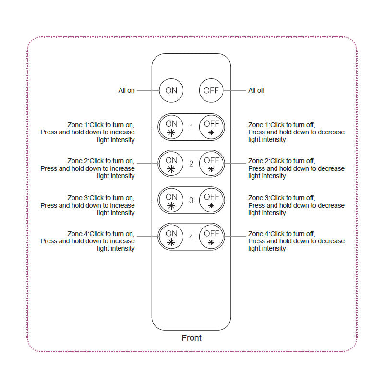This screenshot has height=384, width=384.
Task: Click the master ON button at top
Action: pos(171,90)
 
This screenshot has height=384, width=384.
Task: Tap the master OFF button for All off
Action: pos(211,90)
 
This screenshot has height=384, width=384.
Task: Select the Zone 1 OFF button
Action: pos(211,127)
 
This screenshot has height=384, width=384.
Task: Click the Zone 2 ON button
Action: pos(171,164)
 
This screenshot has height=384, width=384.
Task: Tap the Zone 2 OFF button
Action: pos(211,164)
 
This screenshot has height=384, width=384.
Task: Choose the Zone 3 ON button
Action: pos(171,200)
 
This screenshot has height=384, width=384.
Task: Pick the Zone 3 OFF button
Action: pos(211,200)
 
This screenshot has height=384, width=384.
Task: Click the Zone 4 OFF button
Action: pos(211,237)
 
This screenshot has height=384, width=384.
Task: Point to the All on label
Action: pos(127,90)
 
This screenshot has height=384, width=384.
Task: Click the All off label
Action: pos(256,90)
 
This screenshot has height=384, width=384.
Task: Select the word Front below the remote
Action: pos(192,338)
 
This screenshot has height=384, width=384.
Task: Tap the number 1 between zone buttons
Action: pos(192,127)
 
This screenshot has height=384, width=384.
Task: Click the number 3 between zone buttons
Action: pos(191,200)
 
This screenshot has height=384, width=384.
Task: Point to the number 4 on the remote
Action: pos(191,237)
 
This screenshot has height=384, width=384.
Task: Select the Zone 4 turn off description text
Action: pos(296,241)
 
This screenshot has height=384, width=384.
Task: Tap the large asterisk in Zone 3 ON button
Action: pos(171,205)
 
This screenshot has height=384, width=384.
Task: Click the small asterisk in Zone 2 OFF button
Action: pos(211,169)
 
